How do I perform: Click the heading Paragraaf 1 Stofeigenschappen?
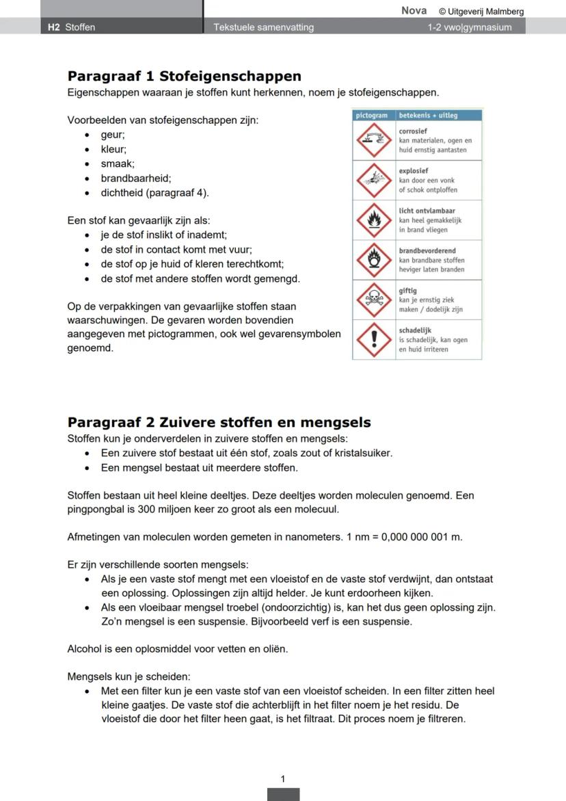(184, 76)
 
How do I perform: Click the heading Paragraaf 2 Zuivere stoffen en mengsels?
(219, 422)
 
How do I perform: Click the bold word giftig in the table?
(408, 291)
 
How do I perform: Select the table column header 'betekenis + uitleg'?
(429, 116)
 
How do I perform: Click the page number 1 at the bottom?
(283, 778)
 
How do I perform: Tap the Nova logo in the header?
(414, 10)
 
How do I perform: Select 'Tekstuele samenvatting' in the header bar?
(264, 27)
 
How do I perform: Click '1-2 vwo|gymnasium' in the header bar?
(469, 27)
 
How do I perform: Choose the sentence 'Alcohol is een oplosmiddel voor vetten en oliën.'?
(178, 648)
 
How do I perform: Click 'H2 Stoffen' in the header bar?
(72, 27)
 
